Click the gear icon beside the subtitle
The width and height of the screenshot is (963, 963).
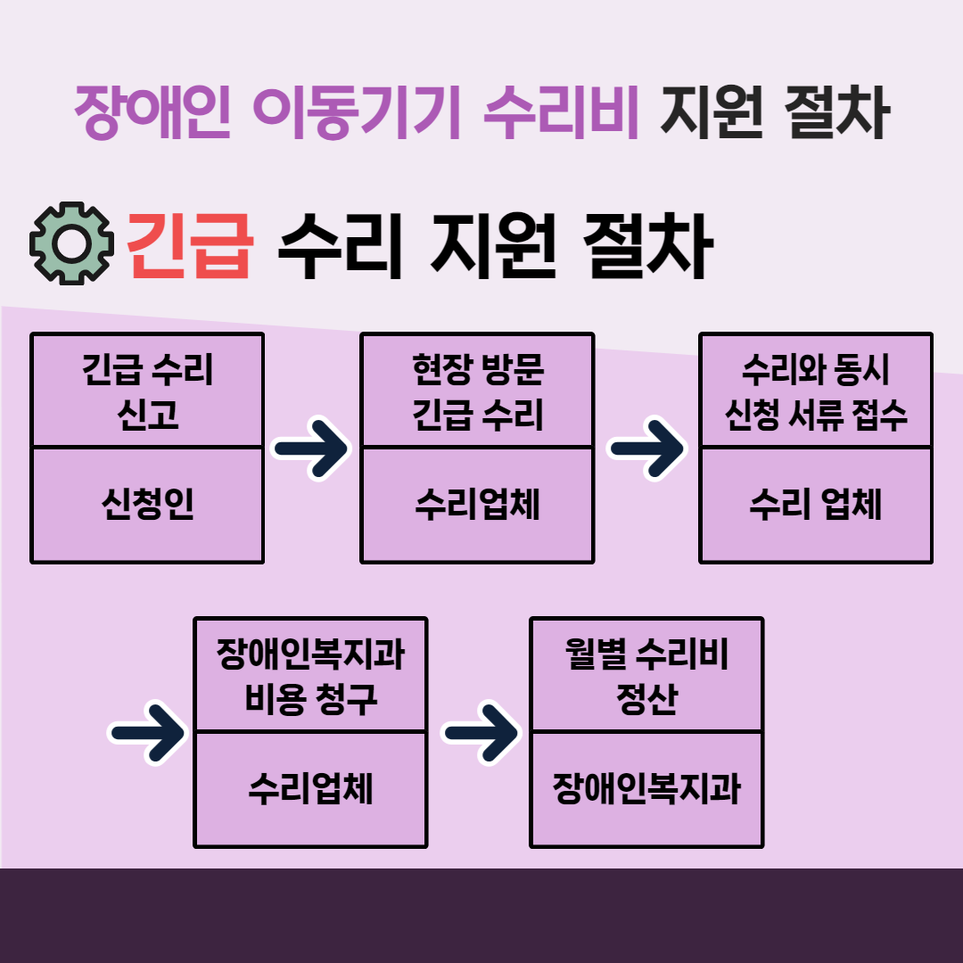coord(72,243)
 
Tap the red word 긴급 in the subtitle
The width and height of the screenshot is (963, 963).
coord(190,246)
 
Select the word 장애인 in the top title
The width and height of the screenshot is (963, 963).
coord(152,111)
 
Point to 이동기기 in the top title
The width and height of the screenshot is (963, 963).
coord(356,111)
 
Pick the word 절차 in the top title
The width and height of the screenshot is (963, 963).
coord(837,111)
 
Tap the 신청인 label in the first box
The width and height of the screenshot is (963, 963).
coord(147,504)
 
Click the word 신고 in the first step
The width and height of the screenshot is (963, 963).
coord(147,414)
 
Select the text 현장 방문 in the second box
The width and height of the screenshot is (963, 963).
coord(478,369)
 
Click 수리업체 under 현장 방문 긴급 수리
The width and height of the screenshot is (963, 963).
coord(477,504)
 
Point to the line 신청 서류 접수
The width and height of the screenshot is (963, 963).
coord(816,414)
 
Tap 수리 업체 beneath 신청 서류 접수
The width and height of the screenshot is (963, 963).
coord(816,504)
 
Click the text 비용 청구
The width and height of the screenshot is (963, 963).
coord(310,698)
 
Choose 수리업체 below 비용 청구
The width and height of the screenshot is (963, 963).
coord(310,788)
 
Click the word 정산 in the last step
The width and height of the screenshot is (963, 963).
coord(646,698)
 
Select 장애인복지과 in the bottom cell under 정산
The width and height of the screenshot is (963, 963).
coord(646,788)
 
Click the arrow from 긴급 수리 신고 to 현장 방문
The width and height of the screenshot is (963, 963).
coord(311,449)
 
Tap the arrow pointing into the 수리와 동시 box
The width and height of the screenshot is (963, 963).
coord(646,449)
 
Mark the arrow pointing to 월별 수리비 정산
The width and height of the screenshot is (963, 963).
coord(481,733)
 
